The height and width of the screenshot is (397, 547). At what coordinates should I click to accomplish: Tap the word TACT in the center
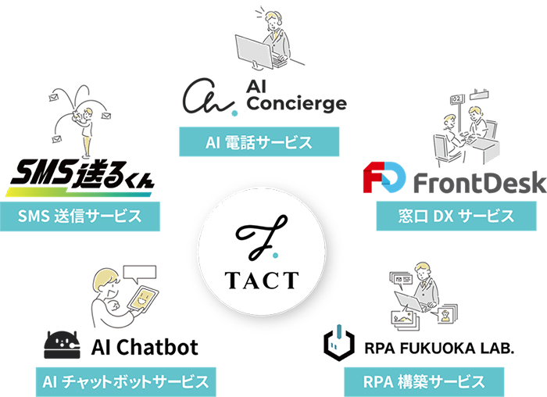coord(260,278)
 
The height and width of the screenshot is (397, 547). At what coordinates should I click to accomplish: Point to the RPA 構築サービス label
coord(423,382)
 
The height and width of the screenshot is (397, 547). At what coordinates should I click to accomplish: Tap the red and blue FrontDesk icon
coord(384,179)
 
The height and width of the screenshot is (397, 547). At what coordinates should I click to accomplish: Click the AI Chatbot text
coord(145,345)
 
